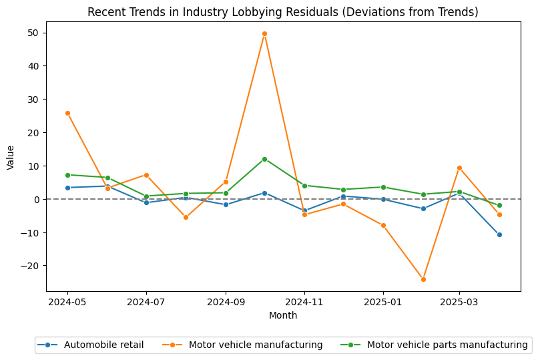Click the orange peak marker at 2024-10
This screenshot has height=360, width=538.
tap(264, 33)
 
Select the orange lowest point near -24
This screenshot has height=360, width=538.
tap(423, 279)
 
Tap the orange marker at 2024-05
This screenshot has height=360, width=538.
tap(67, 113)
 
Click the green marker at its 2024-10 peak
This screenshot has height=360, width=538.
tap(264, 159)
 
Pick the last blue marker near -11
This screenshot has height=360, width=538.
tap(499, 234)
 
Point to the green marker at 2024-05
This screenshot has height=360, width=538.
tap(67, 175)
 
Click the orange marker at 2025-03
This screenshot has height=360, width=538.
tap(459, 168)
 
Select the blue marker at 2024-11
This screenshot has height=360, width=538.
tap(304, 210)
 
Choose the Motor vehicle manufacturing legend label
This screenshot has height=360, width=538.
tap(256, 345)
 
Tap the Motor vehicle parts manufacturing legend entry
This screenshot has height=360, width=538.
tap(447, 345)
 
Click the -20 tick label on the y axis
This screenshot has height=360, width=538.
tap(31, 266)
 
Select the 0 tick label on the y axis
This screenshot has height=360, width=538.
tap(36, 199)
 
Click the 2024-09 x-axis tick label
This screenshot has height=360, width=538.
tap(226, 302)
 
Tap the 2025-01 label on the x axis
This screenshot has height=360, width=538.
tap(383, 302)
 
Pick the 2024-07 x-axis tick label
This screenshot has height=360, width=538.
tap(146, 302)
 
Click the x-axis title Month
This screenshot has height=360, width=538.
tap(283, 315)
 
